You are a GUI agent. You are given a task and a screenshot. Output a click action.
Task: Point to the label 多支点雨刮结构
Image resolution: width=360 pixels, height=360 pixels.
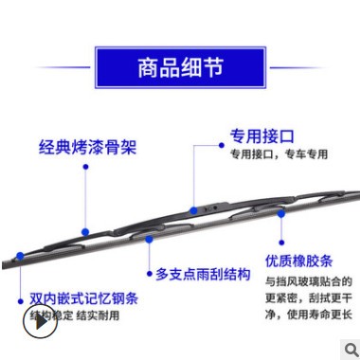[x=203, y=274]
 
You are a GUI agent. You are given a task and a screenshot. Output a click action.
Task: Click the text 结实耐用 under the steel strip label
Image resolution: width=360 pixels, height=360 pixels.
[x=99, y=315]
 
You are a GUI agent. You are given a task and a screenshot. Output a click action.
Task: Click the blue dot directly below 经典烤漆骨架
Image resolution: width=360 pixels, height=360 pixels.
[x=85, y=169]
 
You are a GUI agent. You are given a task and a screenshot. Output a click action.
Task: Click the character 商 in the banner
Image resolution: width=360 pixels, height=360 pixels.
[x=147, y=69]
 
